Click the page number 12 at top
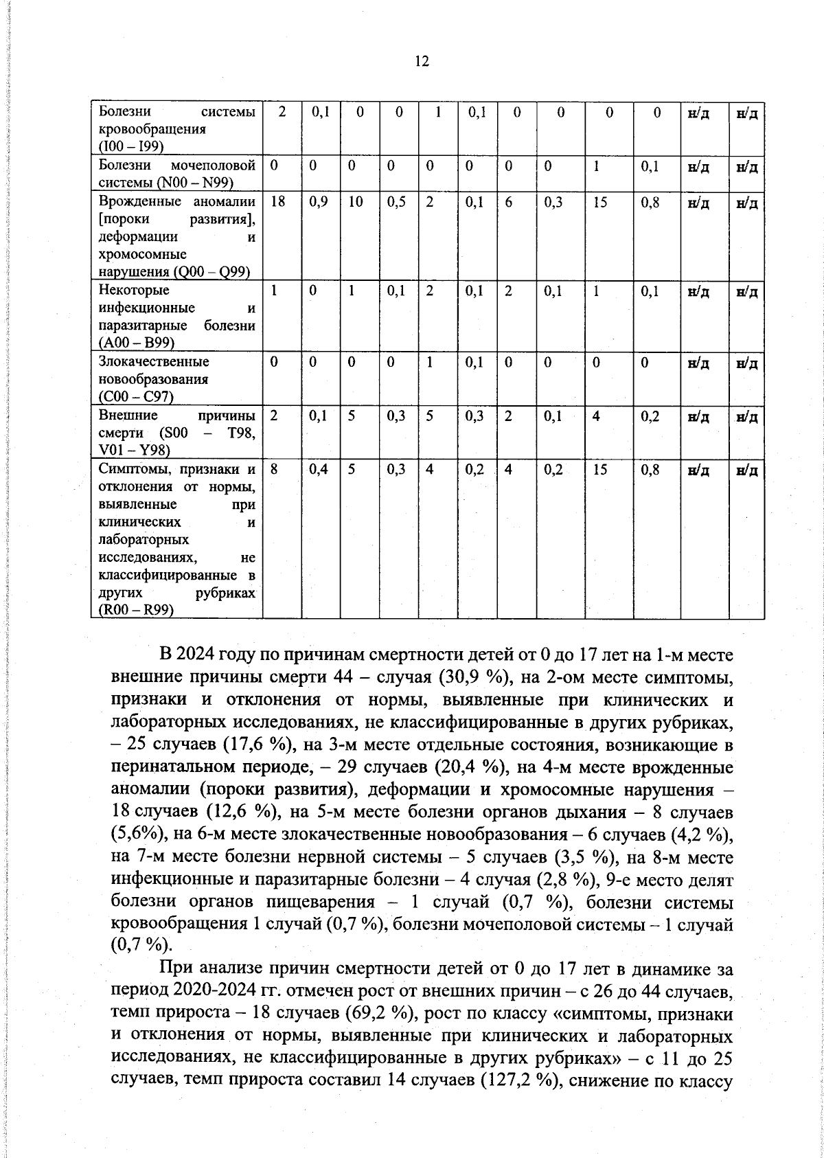tap(422, 62)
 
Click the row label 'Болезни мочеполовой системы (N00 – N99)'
tap(177, 174)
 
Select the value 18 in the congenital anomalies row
tap(277, 203)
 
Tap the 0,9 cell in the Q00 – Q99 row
tap(317, 203)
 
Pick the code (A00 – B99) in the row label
tap(136, 342)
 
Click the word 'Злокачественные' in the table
tap(154, 361)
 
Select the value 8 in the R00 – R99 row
tap(274, 470)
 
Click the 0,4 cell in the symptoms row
tap(317, 470)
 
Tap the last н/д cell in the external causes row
tap(746, 416)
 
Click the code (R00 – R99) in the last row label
tap(136, 611)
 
